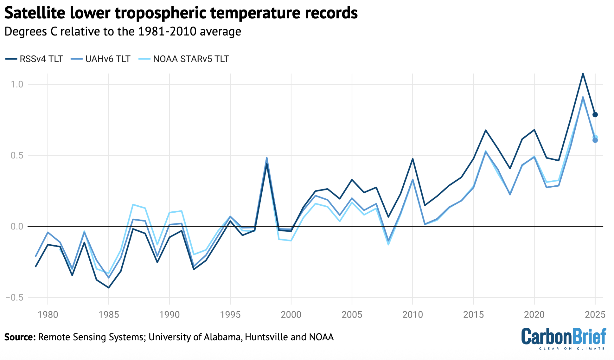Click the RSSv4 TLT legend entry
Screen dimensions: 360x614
point(34,59)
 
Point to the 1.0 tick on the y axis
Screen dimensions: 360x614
point(17,84)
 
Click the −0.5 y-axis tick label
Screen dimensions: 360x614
point(14,298)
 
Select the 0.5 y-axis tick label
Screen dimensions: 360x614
point(17,155)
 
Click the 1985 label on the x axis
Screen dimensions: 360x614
point(109,315)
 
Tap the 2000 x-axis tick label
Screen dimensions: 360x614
point(291,315)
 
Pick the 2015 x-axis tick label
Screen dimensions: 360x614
point(473,315)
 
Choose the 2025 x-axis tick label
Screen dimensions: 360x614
point(595,315)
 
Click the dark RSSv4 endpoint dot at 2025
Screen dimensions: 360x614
point(595,115)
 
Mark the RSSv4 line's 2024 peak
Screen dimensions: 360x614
point(583,74)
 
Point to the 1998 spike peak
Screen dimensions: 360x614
point(267,158)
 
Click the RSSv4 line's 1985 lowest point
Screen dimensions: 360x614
point(109,288)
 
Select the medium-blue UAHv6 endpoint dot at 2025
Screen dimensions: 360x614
point(595,140)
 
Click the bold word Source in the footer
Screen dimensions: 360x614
point(20,337)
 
